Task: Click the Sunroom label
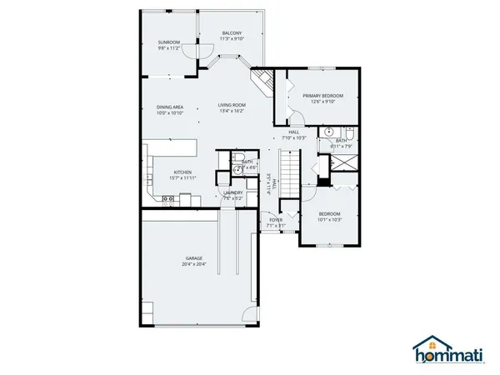click(x=169, y=42)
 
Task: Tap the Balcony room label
click(x=232, y=32)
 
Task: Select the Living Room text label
click(x=231, y=104)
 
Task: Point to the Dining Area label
click(x=170, y=107)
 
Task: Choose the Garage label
click(x=193, y=258)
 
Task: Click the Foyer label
click(x=276, y=219)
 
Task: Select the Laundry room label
click(x=232, y=192)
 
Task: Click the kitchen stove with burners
click(x=167, y=198)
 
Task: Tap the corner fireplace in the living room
click(x=264, y=82)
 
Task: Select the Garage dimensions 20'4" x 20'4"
click(x=193, y=265)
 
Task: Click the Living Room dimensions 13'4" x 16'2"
click(x=231, y=111)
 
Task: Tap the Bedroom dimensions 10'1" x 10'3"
click(x=329, y=220)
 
